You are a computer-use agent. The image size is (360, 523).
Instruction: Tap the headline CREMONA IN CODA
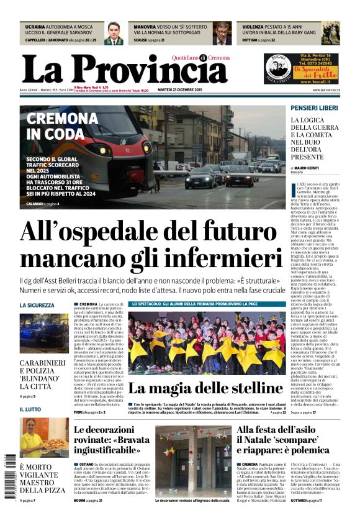(x=61, y=126)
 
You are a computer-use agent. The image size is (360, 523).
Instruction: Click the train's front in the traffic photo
(x=122, y=152)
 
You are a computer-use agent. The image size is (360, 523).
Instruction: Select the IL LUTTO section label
(x=30, y=409)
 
